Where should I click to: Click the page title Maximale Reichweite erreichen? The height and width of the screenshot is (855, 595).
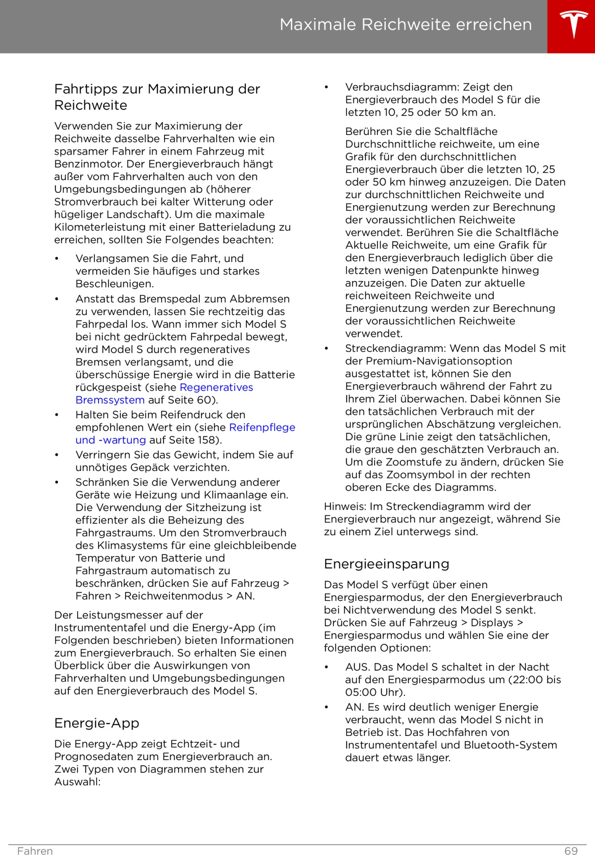[405, 25]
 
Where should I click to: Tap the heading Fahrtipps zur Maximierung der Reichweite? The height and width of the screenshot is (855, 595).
[157, 97]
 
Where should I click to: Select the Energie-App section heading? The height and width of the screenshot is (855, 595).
[97, 723]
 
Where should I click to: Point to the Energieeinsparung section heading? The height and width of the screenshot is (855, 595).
[386, 564]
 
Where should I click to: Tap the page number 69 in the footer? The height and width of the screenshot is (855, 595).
[571, 851]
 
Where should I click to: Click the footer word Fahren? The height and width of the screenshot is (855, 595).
[35, 851]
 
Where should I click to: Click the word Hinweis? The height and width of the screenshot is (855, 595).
[344, 506]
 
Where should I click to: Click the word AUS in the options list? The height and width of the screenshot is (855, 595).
[356, 667]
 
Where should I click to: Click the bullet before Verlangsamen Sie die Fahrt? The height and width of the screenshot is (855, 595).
[57, 259]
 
